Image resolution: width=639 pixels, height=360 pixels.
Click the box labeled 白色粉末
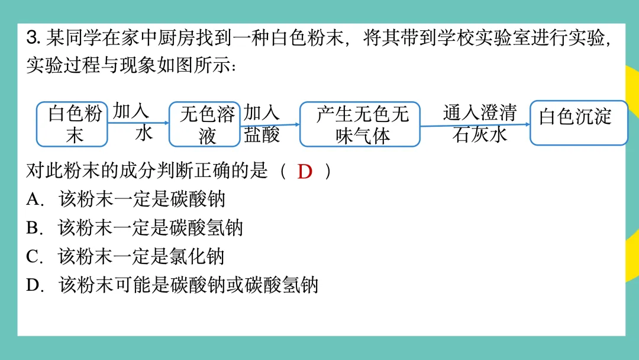coord(72,124)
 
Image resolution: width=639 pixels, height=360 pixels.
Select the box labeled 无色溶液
coord(205,124)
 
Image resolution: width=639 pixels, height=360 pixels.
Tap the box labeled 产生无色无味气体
coord(360,124)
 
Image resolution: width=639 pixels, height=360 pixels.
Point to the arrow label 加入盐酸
coord(262,124)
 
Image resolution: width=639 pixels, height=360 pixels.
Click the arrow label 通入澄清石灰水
coord(479,123)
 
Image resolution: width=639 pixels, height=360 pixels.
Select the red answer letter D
coord(305,172)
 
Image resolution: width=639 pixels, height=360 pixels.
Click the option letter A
coord(33,200)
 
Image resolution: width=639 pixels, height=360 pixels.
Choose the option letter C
coord(33,256)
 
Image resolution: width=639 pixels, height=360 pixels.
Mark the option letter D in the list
coord(33,285)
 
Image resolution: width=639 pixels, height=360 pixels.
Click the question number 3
coord(33,39)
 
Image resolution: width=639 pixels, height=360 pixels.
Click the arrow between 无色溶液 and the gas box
coord(270,125)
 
